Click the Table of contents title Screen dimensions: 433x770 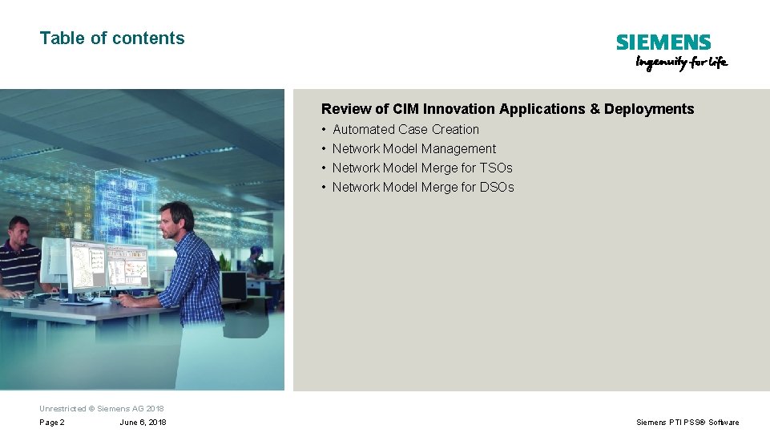112,38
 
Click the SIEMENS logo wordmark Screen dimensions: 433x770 663,42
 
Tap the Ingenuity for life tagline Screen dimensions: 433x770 681,63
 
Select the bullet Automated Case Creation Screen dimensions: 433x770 405,129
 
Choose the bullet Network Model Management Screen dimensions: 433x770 413,148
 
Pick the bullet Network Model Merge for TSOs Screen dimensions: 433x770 422,168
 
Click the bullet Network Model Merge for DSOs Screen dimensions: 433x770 423,187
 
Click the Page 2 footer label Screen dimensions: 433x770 52,423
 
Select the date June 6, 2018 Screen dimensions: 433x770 143,423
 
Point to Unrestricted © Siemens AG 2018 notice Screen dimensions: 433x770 102,408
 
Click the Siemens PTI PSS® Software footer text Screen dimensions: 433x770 687,423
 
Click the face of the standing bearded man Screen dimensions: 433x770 171,221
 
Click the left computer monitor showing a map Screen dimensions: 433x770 86,265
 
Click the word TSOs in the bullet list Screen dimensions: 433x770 496,168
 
